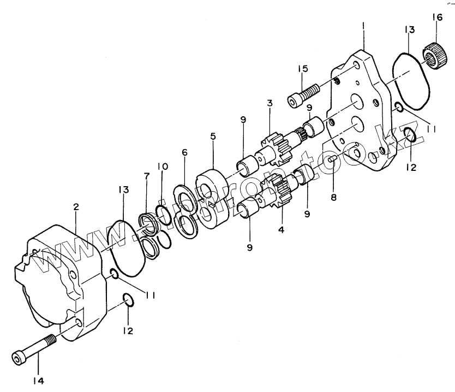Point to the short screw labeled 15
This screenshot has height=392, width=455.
click(x=304, y=93)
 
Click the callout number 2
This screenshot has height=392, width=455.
click(x=76, y=207)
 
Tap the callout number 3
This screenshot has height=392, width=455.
click(x=270, y=103)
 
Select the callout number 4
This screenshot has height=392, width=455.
click(x=282, y=230)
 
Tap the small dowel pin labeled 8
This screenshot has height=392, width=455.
click(x=331, y=159)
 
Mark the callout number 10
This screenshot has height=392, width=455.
click(x=162, y=166)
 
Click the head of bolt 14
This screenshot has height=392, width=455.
click(x=19, y=358)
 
